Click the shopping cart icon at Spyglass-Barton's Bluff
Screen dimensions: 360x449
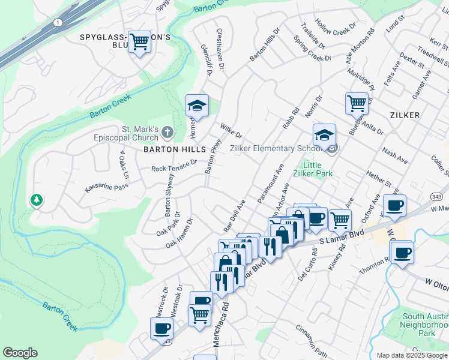click(139, 41)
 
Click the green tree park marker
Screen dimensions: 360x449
click(37, 200)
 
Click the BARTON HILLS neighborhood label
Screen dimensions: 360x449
click(175, 149)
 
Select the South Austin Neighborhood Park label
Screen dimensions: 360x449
click(418, 325)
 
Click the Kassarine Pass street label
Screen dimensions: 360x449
click(106, 188)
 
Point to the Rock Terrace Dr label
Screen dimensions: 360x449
click(174, 166)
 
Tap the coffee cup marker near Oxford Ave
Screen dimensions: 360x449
click(394, 206)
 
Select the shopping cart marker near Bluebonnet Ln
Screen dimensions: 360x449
click(357, 103)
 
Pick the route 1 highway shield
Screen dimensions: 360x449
click(58, 22)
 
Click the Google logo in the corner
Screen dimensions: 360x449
click(20, 353)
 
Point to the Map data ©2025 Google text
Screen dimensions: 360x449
click(412, 355)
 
